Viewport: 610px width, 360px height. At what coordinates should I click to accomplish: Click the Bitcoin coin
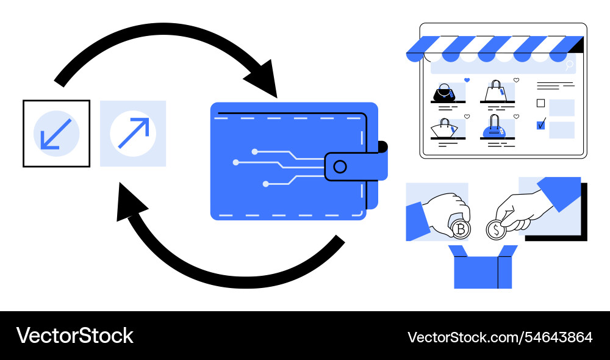(x=461, y=229)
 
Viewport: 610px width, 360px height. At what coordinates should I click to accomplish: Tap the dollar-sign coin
(x=497, y=230)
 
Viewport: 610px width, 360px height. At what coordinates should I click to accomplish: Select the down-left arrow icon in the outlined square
(x=56, y=133)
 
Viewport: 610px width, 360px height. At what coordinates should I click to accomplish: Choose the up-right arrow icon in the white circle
(x=133, y=133)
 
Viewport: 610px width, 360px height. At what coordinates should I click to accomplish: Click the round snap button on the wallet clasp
(x=340, y=167)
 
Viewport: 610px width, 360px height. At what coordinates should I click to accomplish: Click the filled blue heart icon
(x=467, y=80)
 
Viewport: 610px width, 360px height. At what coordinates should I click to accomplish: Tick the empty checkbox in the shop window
(x=540, y=103)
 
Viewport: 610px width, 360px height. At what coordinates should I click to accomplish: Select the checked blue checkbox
(x=540, y=125)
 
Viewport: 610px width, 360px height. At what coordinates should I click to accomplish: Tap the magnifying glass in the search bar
(x=570, y=64)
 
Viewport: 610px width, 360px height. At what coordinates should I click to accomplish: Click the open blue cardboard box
(x=483, y=269)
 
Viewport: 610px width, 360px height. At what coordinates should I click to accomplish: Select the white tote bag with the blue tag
(x=496, y=92)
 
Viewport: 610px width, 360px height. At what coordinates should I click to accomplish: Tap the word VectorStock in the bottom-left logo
(x=74, y=336)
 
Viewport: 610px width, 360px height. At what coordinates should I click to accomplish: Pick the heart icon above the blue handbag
(x=515, y=116)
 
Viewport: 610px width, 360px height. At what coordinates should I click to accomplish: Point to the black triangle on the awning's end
(x=578, y=45)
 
